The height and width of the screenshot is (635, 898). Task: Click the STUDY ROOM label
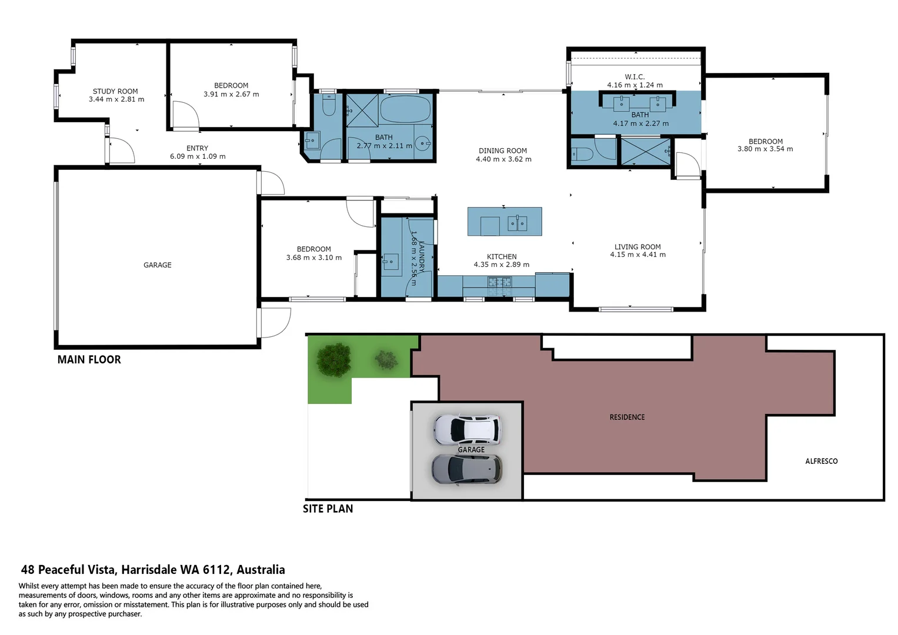tap(115, 91)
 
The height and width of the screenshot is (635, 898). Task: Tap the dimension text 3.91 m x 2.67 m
tap(231, 94)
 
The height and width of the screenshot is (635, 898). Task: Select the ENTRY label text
tap(197, 148)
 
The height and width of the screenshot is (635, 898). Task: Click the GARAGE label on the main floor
tap(158, 265)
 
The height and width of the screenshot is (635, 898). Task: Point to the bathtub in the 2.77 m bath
tap(405, 109)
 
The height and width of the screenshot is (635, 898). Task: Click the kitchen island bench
tap(505, 221)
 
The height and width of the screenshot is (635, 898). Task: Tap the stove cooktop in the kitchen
tap(499, 282)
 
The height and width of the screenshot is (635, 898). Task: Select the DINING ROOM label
tap(503, 151)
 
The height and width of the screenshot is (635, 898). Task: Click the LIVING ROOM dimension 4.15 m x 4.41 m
tap(637, 255)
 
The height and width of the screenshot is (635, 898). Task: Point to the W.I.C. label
tap(635, 77)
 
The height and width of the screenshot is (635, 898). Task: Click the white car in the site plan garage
tap(468, 429)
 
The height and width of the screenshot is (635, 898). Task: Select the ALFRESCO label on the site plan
tap(821, 461)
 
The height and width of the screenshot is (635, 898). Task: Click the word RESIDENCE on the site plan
tap(627, 417)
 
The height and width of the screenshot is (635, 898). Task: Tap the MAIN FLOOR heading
tap(89, 359)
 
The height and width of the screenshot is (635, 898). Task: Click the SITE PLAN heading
tap(328, 509)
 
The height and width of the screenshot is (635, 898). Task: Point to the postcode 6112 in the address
tap(216, 569)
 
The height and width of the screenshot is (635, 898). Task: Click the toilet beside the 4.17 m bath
tap(582, 154)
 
